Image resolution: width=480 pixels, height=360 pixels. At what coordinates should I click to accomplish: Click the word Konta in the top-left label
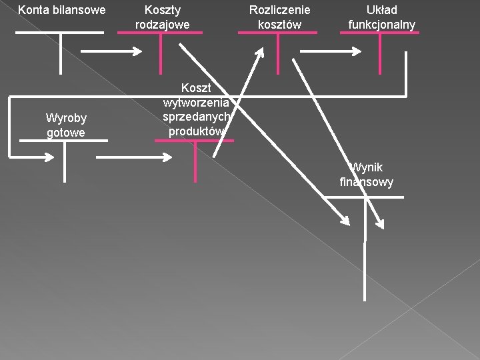pos(31,10)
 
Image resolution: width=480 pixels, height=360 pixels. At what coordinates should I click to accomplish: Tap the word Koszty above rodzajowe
pos(163,10)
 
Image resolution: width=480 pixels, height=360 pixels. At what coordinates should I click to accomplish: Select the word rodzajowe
pos(163,25)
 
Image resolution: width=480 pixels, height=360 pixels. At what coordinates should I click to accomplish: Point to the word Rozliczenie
pos(279,10)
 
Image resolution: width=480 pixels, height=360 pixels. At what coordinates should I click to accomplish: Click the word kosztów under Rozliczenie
pos(279,25)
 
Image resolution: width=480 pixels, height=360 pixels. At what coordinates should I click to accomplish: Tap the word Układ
pos(381,10)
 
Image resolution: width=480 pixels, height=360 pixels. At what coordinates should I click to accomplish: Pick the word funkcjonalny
pos(381,25)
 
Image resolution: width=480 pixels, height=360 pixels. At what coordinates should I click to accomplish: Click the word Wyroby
pos(66,118)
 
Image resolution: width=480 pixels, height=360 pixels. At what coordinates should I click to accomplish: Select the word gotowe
pos(66,133)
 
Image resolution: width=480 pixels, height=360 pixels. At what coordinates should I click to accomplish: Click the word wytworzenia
pos(196,102)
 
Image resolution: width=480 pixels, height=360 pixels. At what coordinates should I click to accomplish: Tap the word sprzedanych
pos(196,117)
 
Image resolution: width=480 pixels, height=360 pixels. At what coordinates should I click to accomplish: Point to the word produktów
pos(196,131)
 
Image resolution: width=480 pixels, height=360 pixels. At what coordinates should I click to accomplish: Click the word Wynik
pos(367,167)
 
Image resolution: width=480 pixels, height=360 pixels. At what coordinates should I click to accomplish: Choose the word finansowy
pos(367,182)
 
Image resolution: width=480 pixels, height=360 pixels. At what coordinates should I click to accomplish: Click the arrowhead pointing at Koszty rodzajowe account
pos(139,51)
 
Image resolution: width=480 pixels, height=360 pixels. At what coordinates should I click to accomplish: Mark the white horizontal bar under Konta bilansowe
pos(59,32)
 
